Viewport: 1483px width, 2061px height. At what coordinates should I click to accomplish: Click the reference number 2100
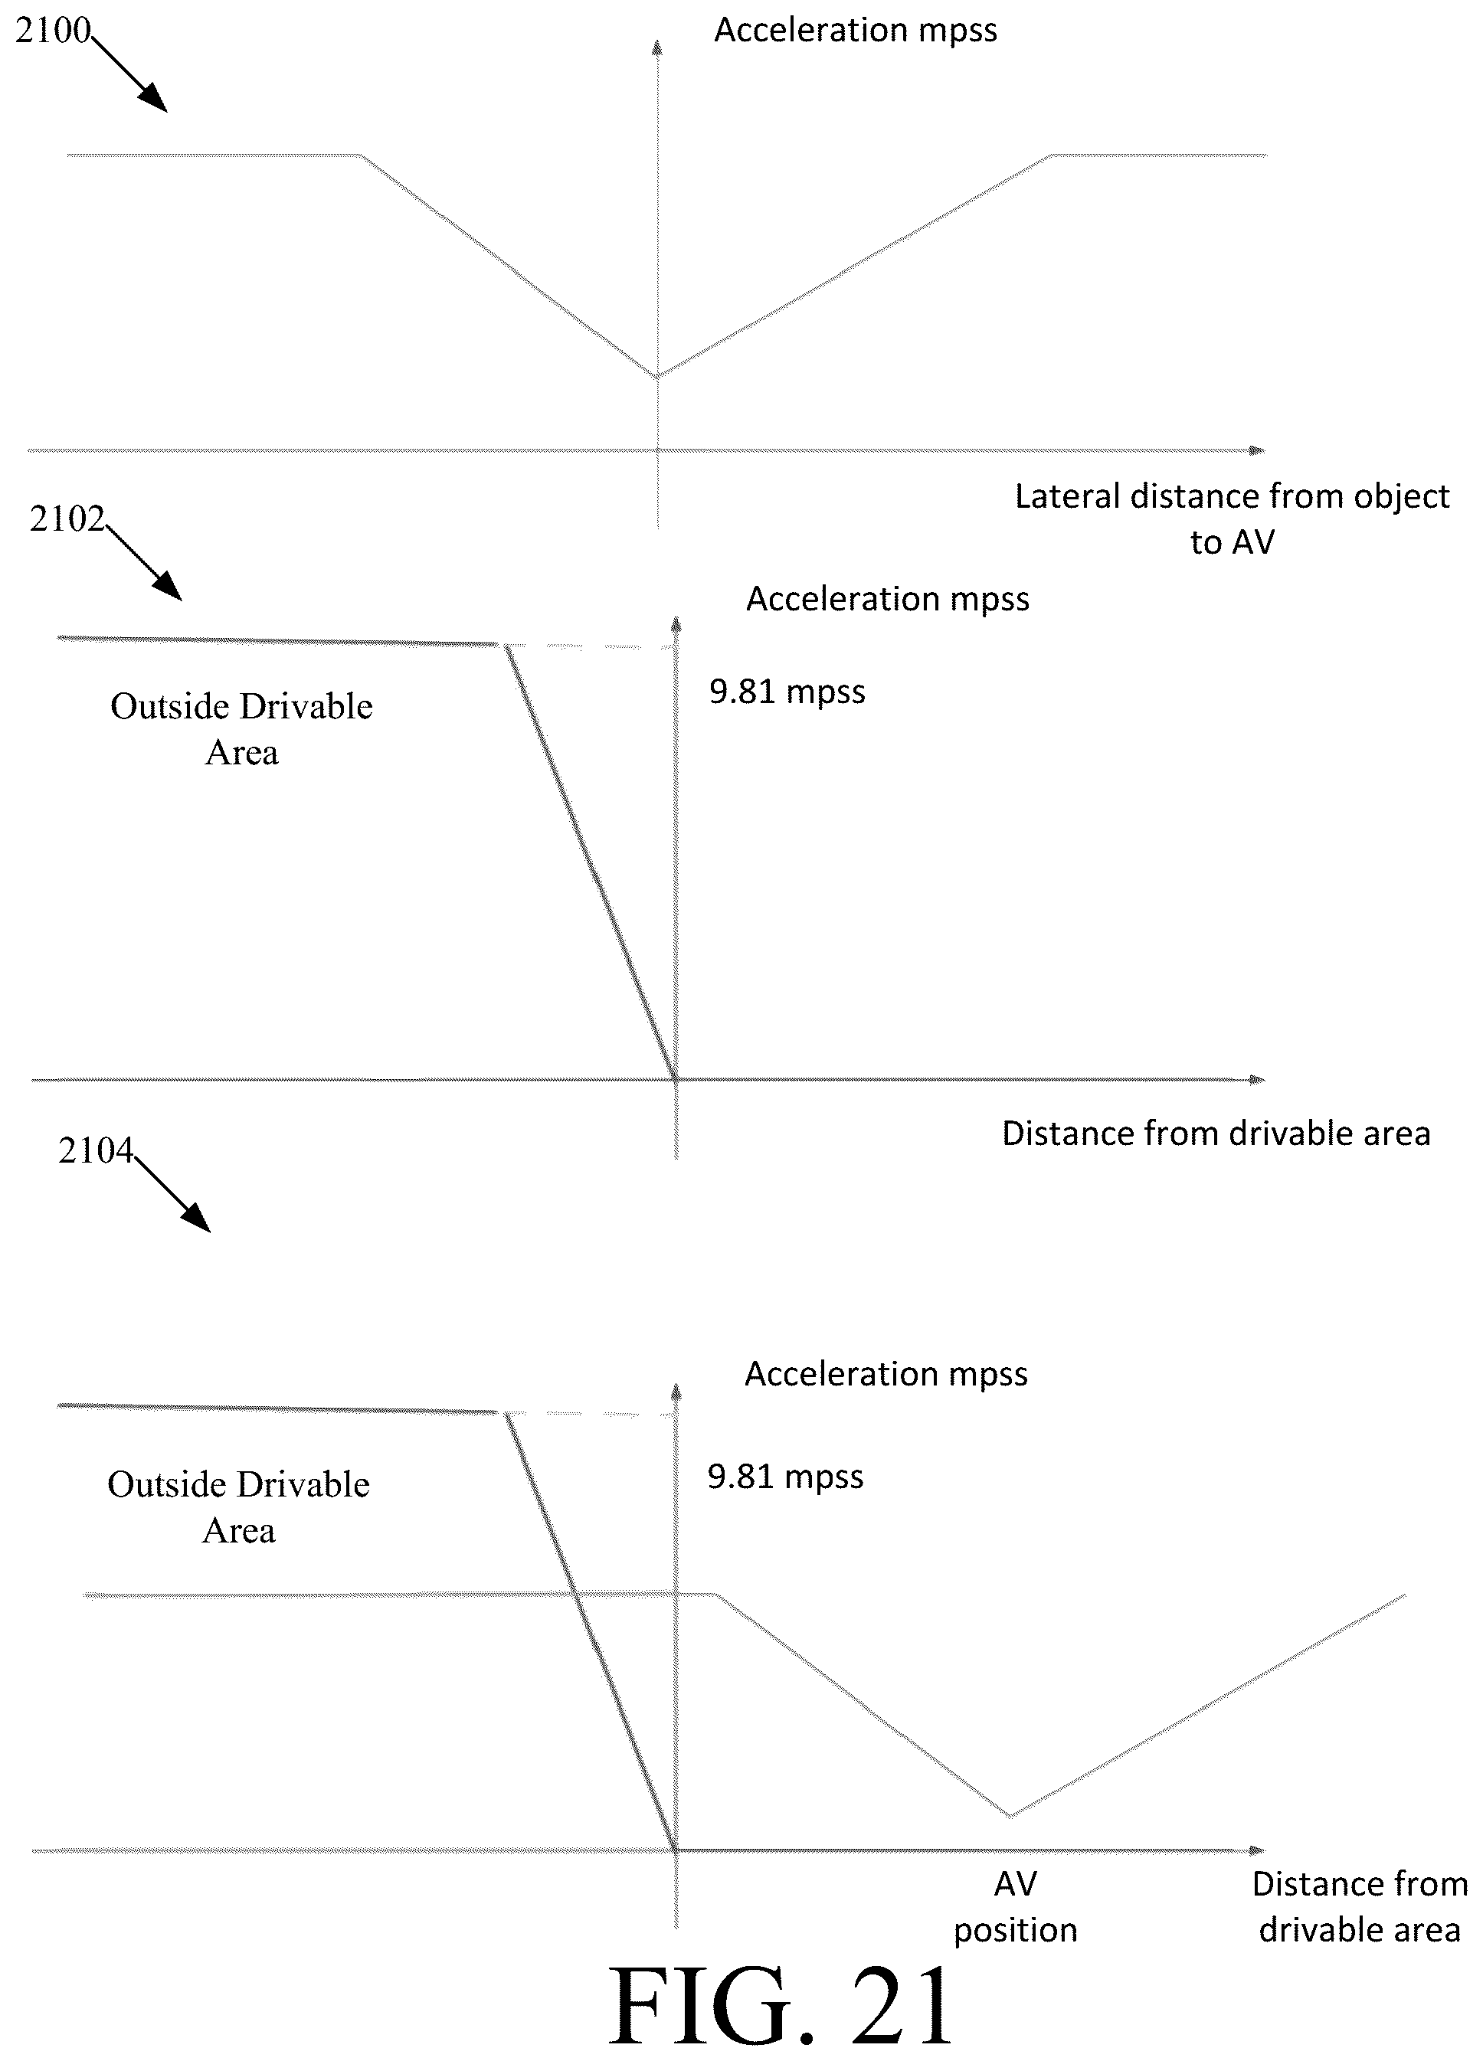click(x=54, y=31)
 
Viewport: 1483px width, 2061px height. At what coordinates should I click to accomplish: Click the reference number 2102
click(x=67, y=519)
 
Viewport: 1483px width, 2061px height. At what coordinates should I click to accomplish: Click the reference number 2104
click(x=96, y=1150)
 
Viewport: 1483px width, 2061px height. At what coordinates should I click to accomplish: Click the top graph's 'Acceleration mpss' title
click(x=855, y=30)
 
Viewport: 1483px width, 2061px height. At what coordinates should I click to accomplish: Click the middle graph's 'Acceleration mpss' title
click(x=888, y=599)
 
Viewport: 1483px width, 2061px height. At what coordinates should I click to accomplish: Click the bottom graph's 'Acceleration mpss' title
click(x=886, y=1374)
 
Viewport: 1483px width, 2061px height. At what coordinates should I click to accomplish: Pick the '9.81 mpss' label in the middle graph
click(x=787, y=692)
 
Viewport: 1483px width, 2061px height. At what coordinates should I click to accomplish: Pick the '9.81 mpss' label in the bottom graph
click(x=785, y=1477)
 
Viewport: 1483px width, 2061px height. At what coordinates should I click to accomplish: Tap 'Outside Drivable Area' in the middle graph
click(x=242, y=729)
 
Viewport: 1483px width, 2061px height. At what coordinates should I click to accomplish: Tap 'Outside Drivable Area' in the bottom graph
click(x=238, y=1507)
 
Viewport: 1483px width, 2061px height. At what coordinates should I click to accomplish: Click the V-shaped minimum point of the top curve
click(x=657, y=376)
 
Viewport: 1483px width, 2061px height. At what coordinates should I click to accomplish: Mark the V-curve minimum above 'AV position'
click(x=1010, y=1816)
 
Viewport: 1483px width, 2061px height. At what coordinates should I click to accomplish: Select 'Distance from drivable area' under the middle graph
click(x=1216, y=1134)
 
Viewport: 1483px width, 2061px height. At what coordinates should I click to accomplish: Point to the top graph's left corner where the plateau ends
click(x=362, y=155)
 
